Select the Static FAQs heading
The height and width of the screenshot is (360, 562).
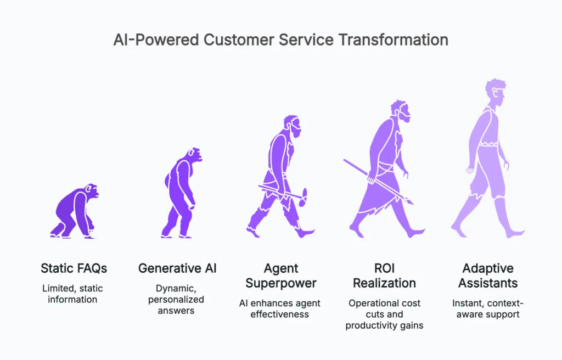click(74, 268)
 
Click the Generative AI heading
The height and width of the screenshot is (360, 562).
click(177, 268)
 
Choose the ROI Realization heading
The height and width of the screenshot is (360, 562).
click(384, 275)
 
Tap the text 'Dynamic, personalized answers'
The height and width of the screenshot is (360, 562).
click(177, 300)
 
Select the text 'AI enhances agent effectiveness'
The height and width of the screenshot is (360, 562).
click(280, 308)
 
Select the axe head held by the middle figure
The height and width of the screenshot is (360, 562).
click(303, 194)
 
